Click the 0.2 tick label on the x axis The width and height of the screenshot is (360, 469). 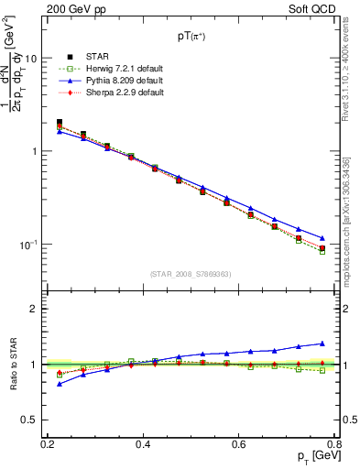[x=47, y=443]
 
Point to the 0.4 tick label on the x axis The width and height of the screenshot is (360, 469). [x=142, y=443]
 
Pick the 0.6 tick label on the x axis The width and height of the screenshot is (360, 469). [x=238, y=443]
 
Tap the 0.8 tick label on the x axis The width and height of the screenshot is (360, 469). [x=333, y=443]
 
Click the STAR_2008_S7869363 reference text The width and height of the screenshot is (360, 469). [x=190, y=273]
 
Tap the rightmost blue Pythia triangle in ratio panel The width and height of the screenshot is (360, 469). [x=322, y=344]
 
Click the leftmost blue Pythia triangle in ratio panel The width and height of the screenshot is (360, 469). [x=60, y=384]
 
